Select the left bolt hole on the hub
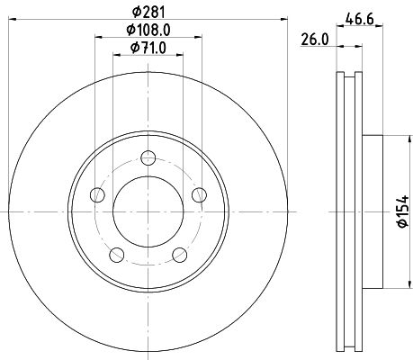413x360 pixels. (x=96, y=194)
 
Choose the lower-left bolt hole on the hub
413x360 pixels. (x=115, y=253)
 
